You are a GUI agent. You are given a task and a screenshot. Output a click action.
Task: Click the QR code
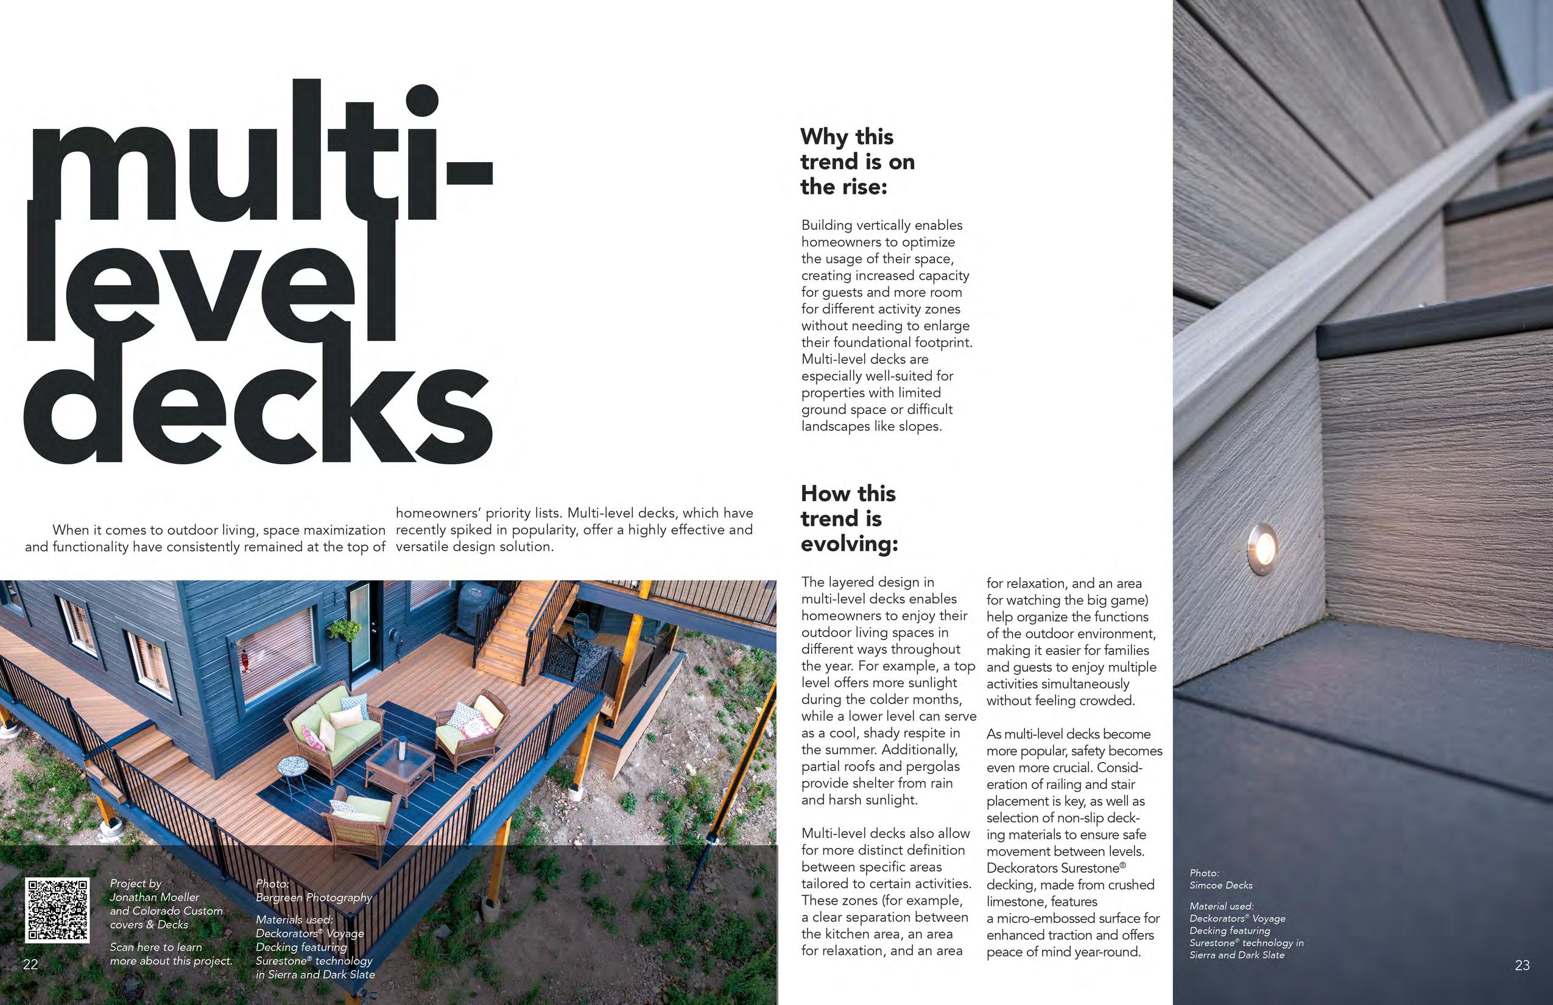coord(57,910)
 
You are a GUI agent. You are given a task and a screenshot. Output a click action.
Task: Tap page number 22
coord(30,965)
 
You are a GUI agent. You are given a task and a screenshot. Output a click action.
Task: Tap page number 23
coord(1522,965)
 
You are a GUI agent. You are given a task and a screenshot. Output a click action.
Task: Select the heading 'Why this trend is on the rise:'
coord(857,161)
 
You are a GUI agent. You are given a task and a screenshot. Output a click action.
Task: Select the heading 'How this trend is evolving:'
coord(849,518)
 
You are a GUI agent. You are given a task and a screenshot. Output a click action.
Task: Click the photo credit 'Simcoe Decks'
coord(1220,885)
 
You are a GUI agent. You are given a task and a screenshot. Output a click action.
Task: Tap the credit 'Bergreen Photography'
coord(313,897)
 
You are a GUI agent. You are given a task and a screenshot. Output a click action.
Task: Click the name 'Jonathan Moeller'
coord(155,897)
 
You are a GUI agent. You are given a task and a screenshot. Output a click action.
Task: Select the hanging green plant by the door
coord(344,630)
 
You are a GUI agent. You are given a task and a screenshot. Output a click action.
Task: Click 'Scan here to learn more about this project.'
coord(171,953)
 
